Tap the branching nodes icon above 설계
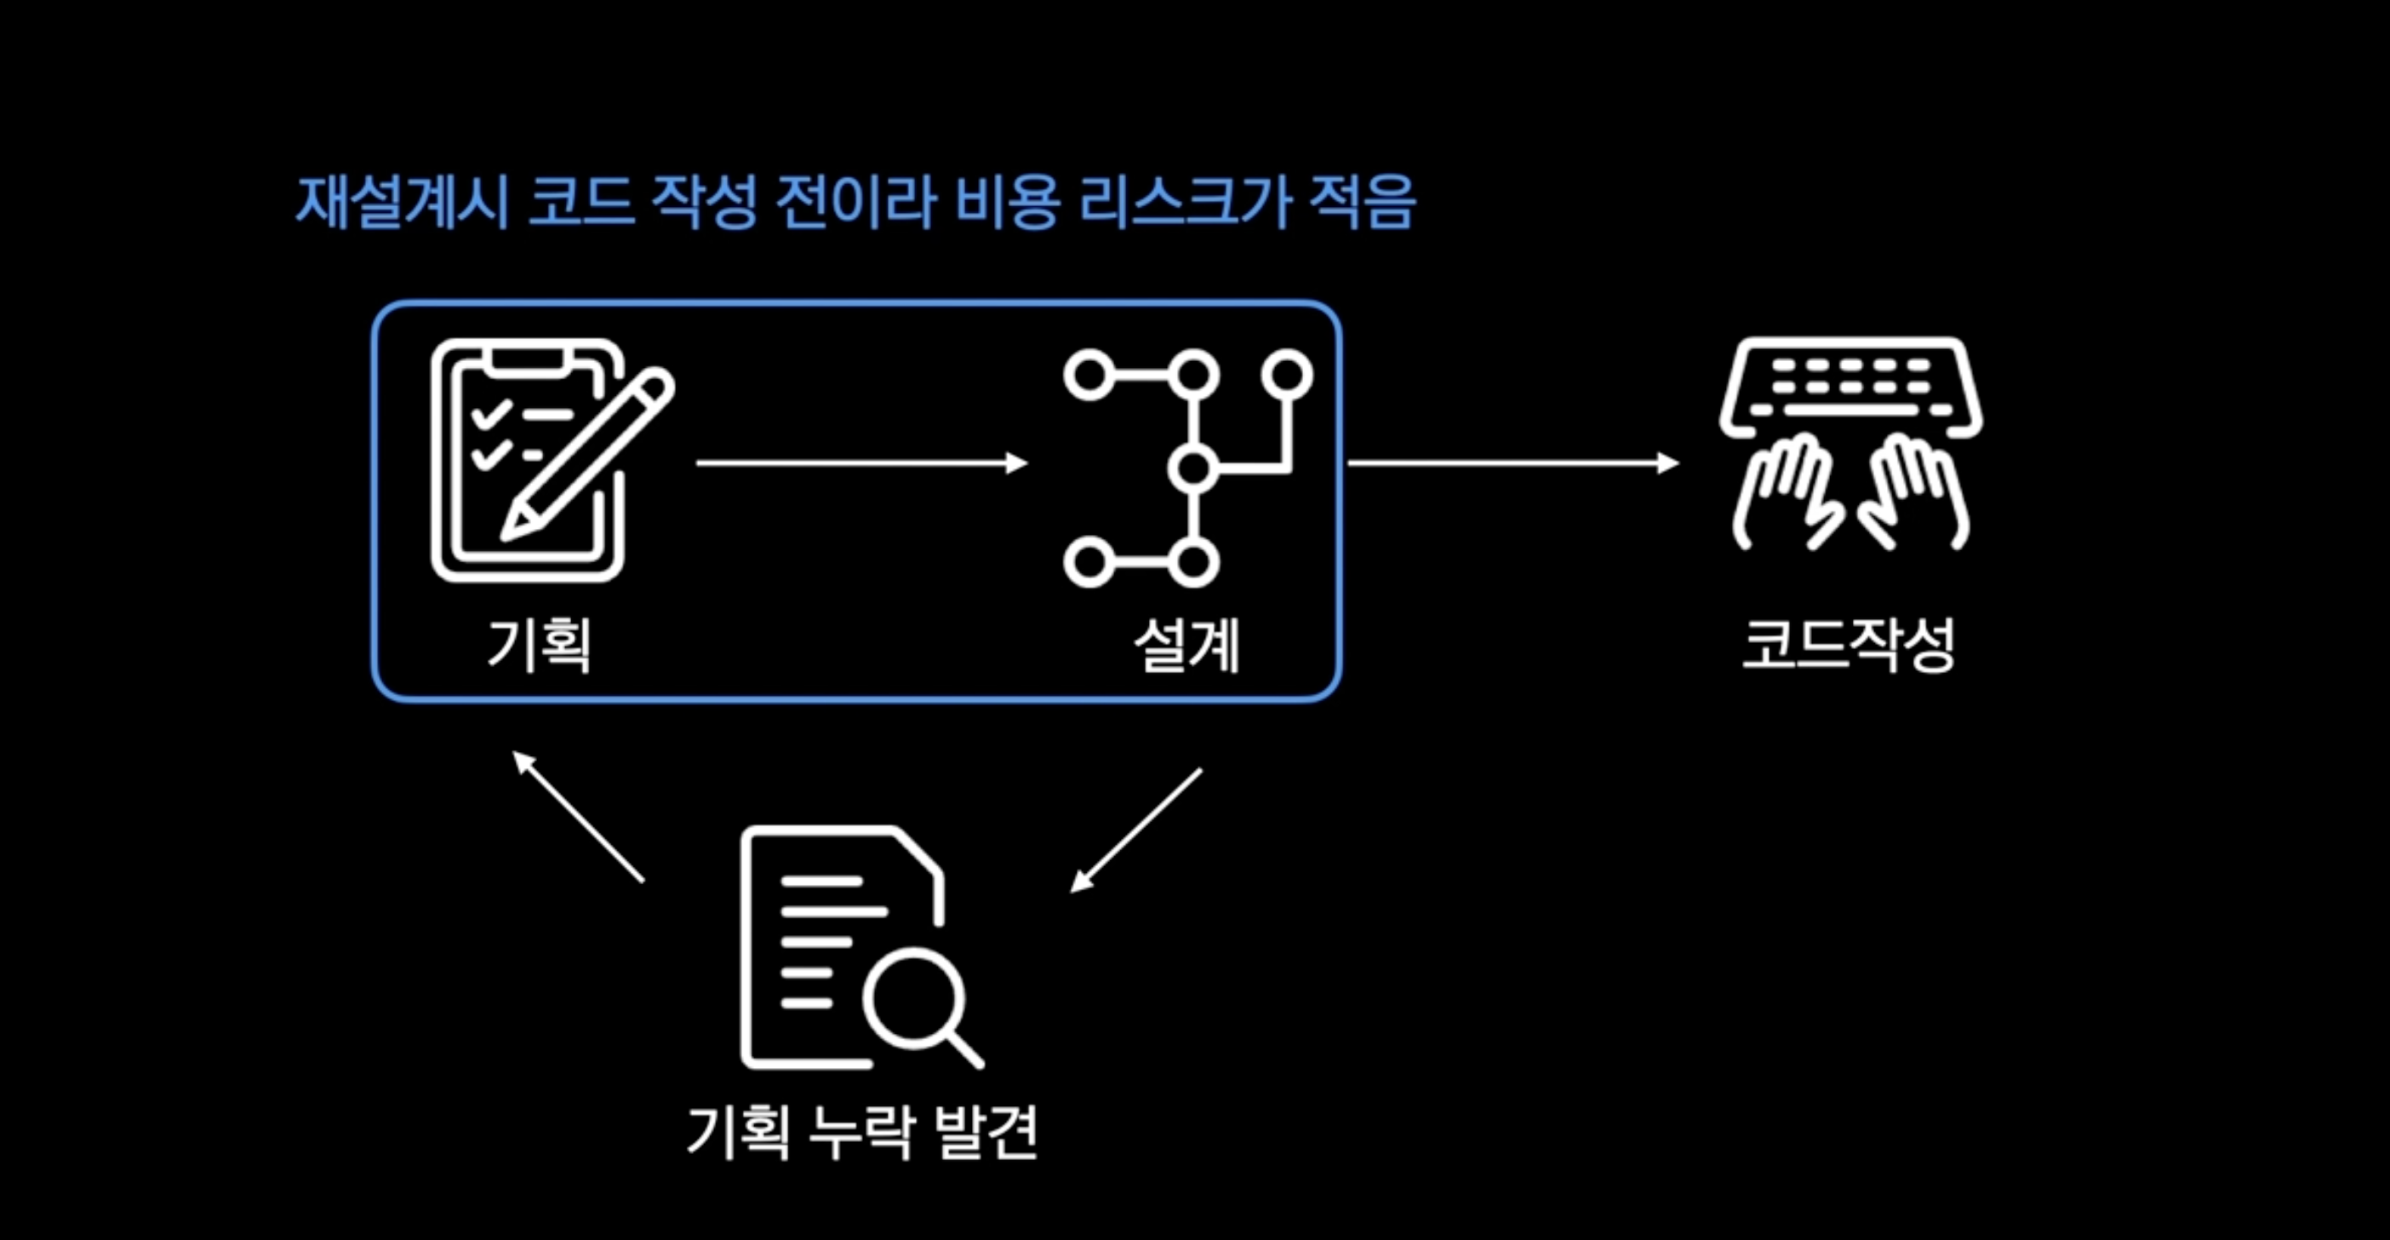1187,468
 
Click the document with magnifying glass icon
858,947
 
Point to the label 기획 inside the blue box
538,644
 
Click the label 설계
1186,644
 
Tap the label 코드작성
1848,644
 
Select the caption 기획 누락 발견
862,1131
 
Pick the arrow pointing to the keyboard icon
1512,462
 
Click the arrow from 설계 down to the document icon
1135,830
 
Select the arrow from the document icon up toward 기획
579,817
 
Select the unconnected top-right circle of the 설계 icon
1287,375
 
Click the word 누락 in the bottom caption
861,1131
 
